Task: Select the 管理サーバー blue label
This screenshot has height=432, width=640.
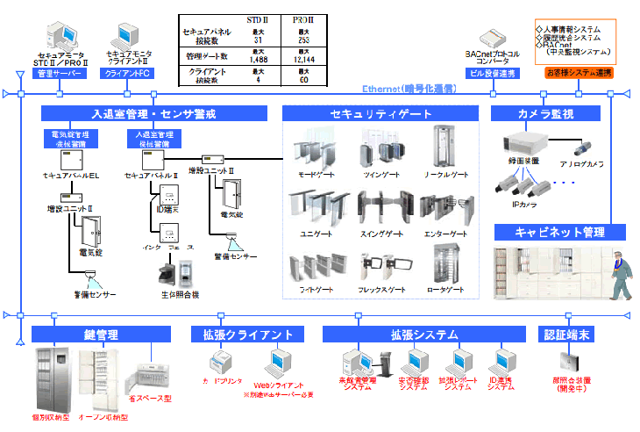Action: pyautogui.click(x=60, y=74)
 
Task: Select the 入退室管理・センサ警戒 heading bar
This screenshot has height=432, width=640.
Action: pyautogui.click(x=153, y=113)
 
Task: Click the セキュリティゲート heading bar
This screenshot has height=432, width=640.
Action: pyautogui.click(x=381, y=113)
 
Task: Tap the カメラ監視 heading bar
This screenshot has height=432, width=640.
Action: pyautogui.click(x=544, y=113)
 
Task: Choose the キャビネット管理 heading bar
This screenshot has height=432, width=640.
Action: pyautogui.click(x=558, y=232)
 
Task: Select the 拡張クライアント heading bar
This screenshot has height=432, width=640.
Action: pyautogui.click(x=248, y=334)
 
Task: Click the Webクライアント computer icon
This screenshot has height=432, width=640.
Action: pyautogui.click(x=279, y=362)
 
